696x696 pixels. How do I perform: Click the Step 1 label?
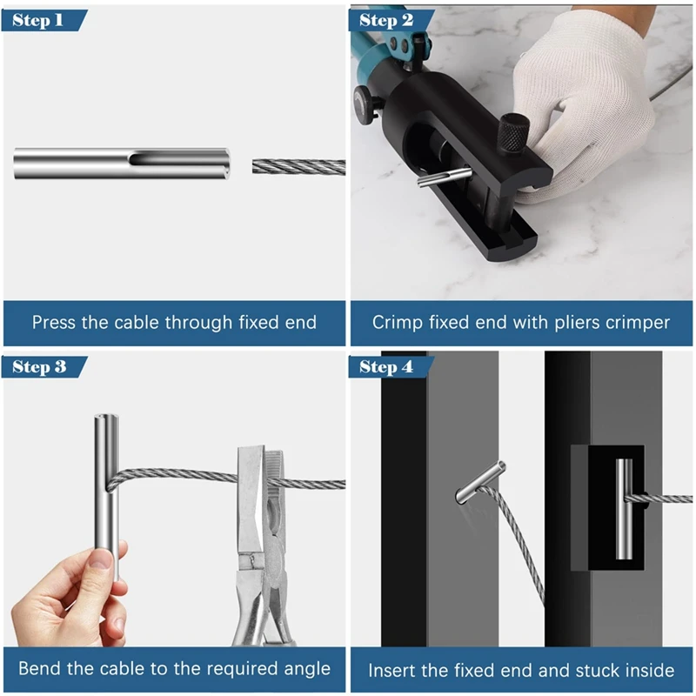click(x=37, y=20)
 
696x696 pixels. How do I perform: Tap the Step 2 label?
click(x=386, y=20)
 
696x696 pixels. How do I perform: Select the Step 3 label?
click(x=39, y=367)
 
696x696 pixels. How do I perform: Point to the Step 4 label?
click(x=386, y=367)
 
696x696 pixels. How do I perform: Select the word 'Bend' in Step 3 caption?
click(x=37, y=668)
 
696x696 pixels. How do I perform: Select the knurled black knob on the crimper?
click(x=513, y=132)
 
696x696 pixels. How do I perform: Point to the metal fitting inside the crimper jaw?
click(x=445, y=177)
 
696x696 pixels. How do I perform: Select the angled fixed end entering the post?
click(x=480, y=482)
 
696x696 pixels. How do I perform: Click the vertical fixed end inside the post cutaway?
click(x=624, y=509)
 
